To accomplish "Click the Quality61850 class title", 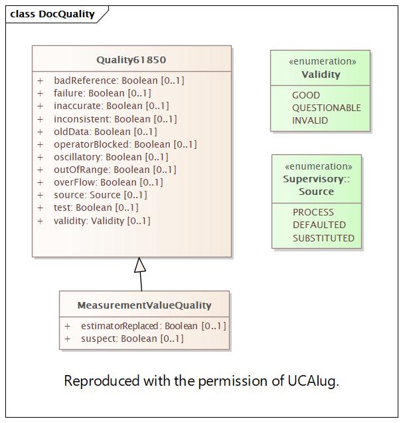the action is click(131, 60).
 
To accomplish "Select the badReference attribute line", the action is click(119, 80).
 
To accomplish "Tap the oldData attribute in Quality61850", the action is click(106, 132).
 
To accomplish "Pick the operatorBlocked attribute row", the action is click(125, 144).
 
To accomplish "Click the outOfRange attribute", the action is click(115, 170).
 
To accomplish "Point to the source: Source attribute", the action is click(100, 195).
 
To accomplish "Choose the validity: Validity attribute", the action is click(102, 221).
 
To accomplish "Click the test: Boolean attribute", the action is click(96, 208).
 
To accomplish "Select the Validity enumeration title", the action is click(321, 74).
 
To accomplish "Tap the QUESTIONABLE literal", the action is click(326, 108).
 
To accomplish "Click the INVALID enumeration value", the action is click(310, 120).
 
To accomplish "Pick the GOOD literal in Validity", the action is click(306, 95).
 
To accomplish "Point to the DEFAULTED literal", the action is click(319, 225).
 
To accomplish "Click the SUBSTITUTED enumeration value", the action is click(323, 238).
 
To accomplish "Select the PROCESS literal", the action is click(313, 212).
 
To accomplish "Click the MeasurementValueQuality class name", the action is click(144, 305).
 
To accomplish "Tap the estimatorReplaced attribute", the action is click(153, 326).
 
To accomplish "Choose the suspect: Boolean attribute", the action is click(132, 339).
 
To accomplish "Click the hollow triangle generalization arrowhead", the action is click(139, 265).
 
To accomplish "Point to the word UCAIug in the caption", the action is click(313, 381).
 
